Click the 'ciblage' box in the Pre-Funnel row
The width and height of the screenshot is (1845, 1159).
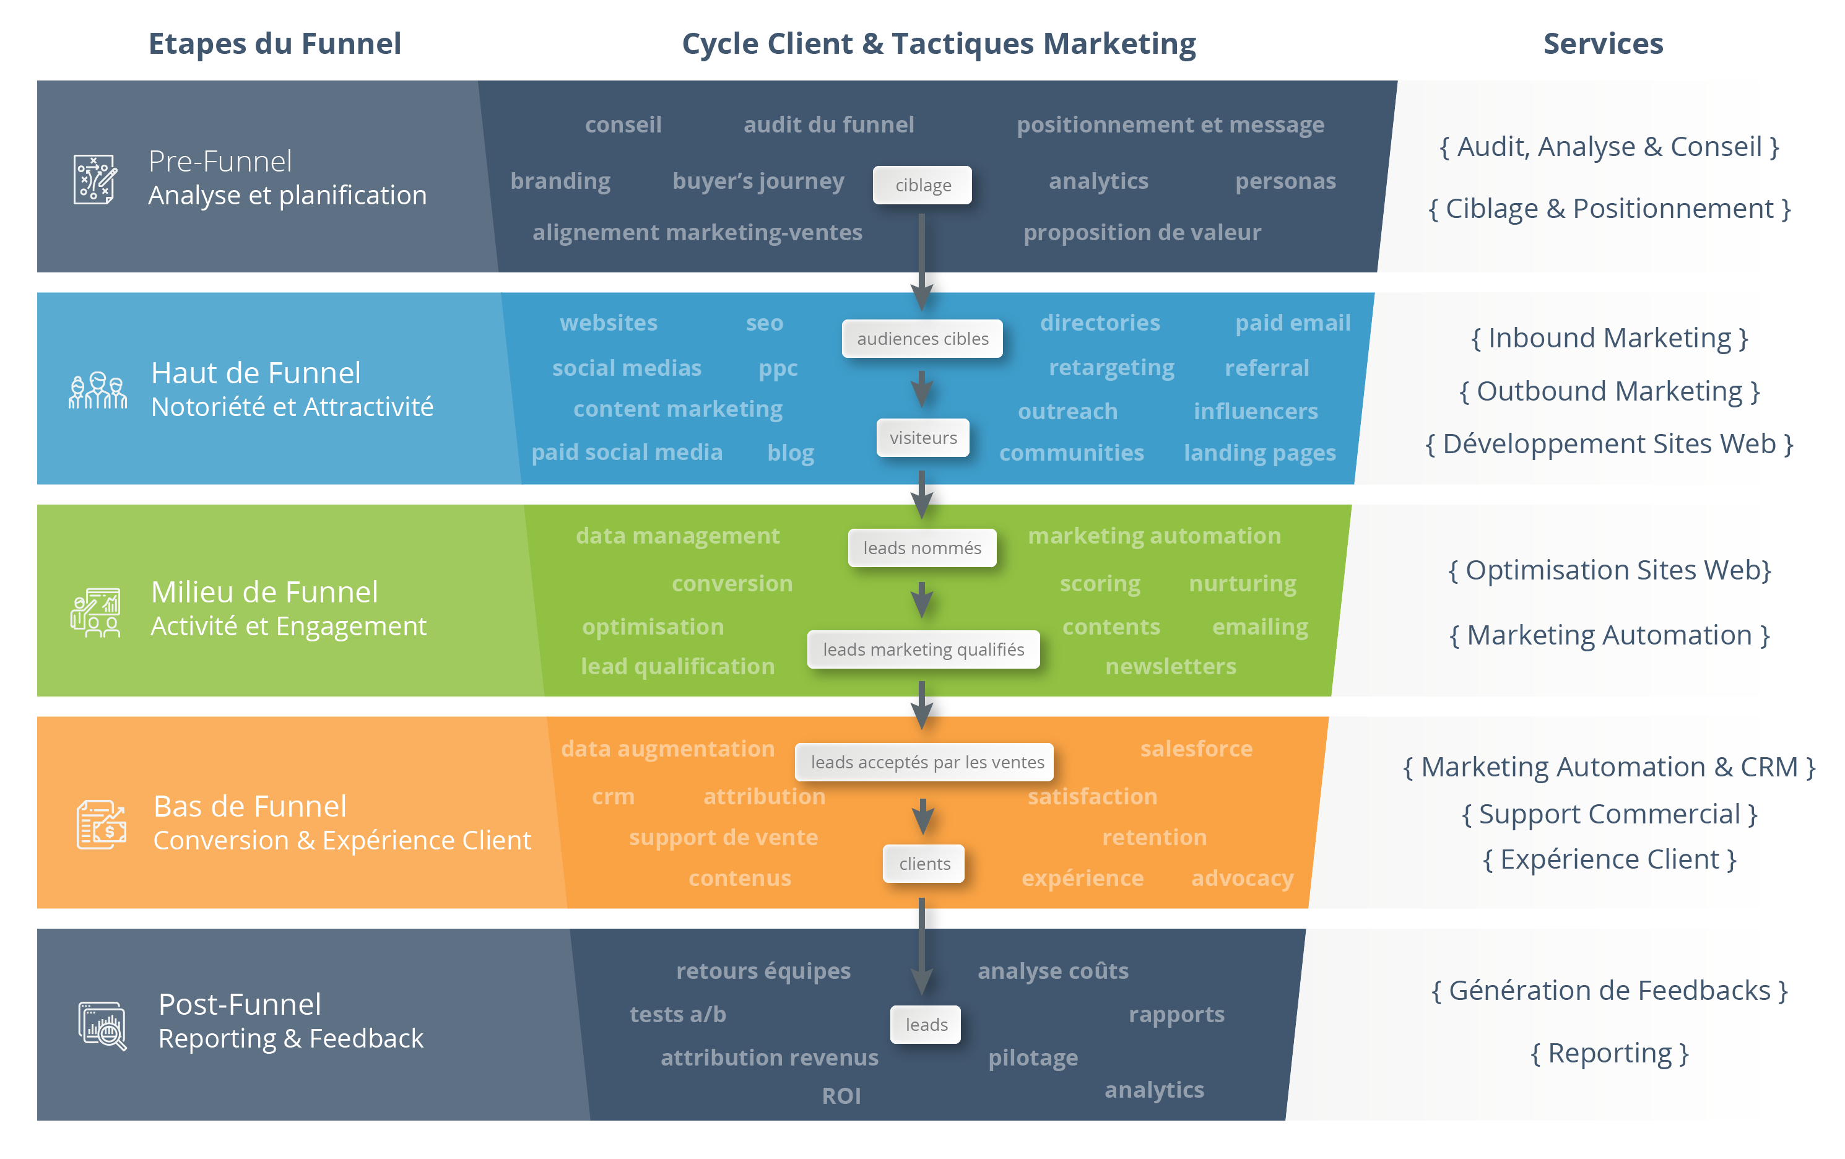coord(922,185)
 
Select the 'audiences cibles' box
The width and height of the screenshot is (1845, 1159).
coord(922,339)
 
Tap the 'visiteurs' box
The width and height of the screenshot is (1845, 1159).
coord(922,437)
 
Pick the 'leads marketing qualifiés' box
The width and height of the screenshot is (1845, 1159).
coord(923,649)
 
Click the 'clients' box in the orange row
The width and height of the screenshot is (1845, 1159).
coord(924,863)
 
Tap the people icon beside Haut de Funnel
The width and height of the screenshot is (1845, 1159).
coord(97,391)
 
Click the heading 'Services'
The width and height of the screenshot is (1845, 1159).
coord(1602,44)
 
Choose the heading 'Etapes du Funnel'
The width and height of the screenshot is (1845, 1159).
coord(274,44)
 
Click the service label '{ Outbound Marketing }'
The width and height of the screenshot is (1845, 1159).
coord(1609,391)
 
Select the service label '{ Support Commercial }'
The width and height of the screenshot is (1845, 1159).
coord(1609,814)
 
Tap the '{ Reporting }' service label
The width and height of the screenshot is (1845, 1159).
coord(1609,1053)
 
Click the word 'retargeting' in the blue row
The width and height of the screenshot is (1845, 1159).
coord(1111,368)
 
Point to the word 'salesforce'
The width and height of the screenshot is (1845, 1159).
coord(1196,749)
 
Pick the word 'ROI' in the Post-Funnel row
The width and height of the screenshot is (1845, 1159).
coord(841,1095)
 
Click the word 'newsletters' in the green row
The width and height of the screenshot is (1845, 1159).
coord(1170,666)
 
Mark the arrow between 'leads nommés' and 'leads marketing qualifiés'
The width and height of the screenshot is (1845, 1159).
coord(922,599)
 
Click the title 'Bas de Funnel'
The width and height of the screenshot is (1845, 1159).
coord(250,807)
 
